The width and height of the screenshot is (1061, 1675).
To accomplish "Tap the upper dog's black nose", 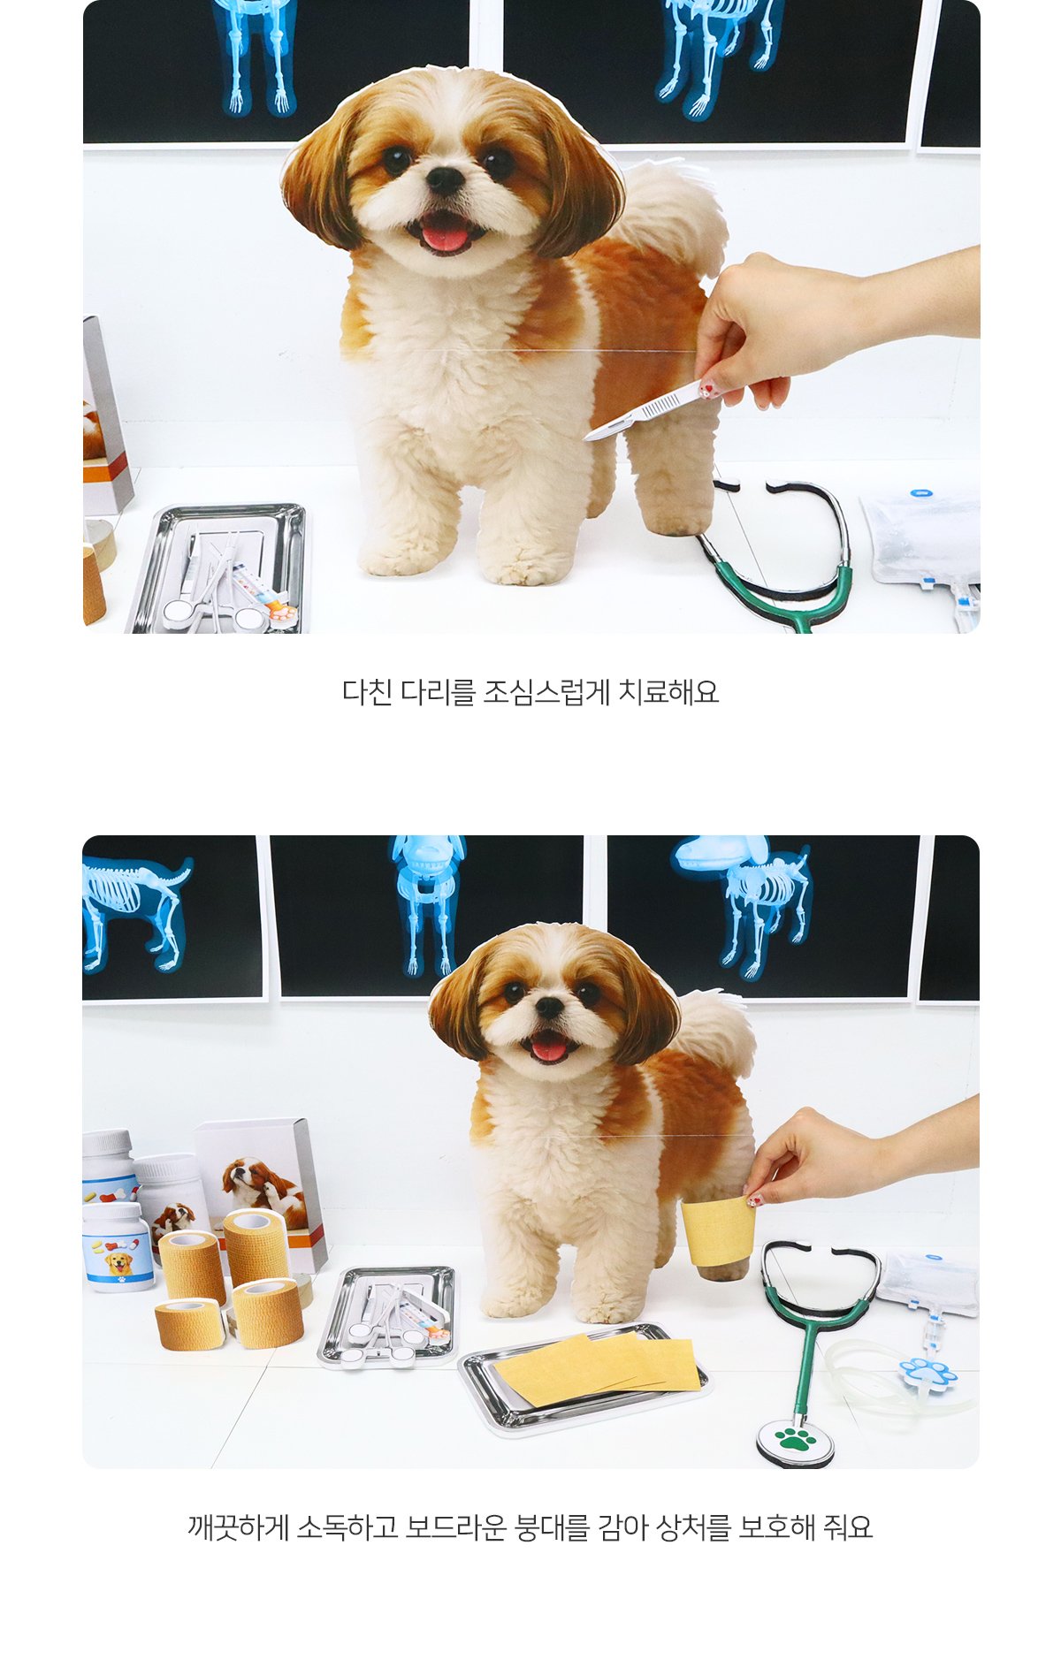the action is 445,179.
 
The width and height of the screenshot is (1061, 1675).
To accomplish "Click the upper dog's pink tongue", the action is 445,235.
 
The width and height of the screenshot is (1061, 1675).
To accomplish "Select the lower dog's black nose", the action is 548,1007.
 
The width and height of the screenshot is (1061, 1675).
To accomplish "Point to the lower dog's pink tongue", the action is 549,1049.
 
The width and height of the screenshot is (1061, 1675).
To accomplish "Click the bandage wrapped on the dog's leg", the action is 717,1229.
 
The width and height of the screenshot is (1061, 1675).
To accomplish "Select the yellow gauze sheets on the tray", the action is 598,1368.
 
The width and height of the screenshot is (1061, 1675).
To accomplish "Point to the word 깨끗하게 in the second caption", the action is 238,1527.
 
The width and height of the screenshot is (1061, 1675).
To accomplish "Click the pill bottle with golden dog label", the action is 118,1247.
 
